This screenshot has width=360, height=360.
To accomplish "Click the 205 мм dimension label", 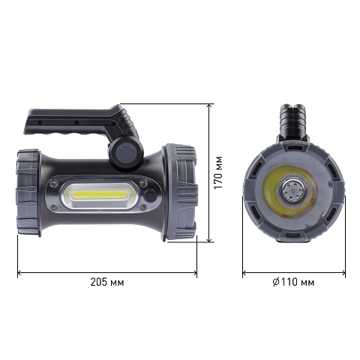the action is pyautogui.click(x=107, y=282).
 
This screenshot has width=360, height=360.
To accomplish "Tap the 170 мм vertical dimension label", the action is pyautogui.click(x=218, y=172).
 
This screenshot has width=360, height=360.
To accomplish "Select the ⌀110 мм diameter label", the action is pyautogui.click(x=293, y=282).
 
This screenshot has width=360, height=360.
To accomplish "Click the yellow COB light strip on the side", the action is pyautogui.click(x=98, y=194).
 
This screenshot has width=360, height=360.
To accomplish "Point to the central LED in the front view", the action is pyautogui.click(x=292, y=191).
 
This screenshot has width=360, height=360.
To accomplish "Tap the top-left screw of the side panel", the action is pyautogui.click(x=53, y=184).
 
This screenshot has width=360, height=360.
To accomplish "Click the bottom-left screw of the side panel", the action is pyautogui.click(x=53, y=206).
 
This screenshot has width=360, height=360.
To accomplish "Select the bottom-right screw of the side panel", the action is pyautogui.click(x=142, y=206).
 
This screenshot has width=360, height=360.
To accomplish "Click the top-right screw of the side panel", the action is pyautogui.click(x=142, y=183).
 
